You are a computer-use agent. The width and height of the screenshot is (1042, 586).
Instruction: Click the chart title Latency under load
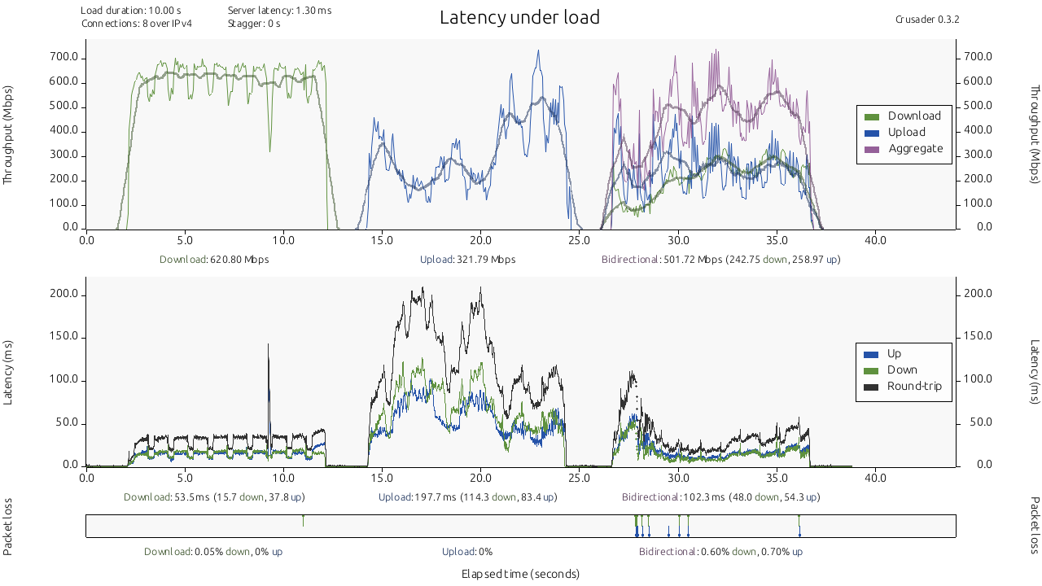[519, 17]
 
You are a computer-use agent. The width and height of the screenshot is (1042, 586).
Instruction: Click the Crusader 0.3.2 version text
[927, 19]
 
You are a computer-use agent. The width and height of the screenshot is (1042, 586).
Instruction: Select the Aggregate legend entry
[915, 149]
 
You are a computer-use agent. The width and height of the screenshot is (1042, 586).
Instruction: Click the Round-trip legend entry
[914, 386]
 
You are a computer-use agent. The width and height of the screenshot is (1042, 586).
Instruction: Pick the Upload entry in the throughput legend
[906, 133]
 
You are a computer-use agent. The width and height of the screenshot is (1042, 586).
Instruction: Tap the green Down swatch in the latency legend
[871, 370]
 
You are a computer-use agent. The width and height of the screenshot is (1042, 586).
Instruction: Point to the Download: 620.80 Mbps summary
[214, 260]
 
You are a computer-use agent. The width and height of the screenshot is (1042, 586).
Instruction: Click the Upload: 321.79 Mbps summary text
[467, 260]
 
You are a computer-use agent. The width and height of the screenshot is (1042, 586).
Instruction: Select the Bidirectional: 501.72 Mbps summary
[720, 260]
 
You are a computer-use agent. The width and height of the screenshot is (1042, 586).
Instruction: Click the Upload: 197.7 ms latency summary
[468, 497]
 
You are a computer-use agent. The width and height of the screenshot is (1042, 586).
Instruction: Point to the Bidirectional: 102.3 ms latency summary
[720, 497]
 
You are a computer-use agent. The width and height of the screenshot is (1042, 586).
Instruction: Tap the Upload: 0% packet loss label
[467, 552]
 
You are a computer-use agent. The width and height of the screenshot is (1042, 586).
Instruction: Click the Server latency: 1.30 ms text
[279, 11]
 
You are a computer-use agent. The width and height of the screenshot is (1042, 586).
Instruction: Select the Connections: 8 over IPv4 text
[136, 24]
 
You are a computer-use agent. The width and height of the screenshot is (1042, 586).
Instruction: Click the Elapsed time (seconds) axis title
[520, 574]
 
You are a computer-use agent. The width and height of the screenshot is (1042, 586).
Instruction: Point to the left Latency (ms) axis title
[9, 372]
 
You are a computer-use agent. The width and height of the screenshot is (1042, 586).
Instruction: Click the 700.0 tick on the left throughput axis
[64, 58]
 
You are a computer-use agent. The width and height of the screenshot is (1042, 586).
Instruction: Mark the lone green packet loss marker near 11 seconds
[303, 520]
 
